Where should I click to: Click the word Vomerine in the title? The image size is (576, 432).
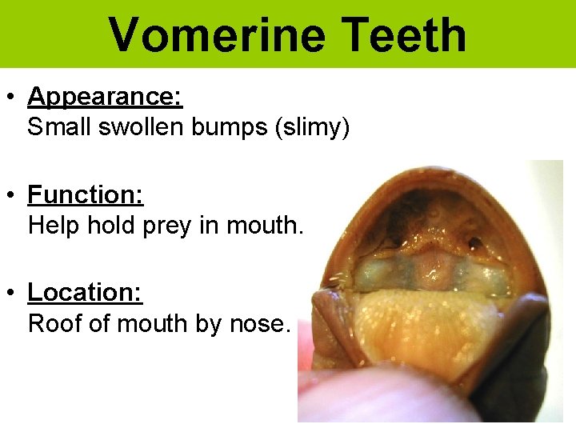click(217, 35)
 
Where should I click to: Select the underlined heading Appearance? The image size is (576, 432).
click(105, 98)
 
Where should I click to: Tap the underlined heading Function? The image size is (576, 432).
click(86, 195)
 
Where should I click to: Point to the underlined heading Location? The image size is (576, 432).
click(85, 293)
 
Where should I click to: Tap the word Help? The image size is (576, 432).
click(53, 226)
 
